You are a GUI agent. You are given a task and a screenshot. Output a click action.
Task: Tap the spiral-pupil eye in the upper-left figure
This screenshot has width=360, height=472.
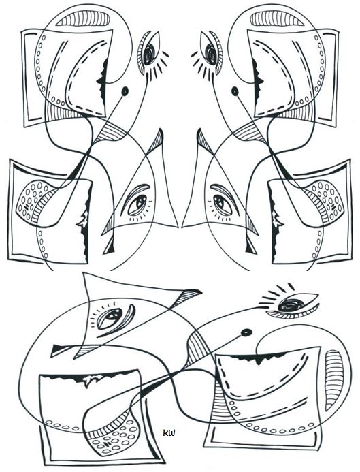click(x=150, y=52)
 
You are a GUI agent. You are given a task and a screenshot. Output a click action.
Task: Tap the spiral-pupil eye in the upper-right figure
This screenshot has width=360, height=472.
click(x=211, y=52)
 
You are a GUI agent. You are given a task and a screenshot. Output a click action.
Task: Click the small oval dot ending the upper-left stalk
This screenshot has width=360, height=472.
click(x=125, y=91)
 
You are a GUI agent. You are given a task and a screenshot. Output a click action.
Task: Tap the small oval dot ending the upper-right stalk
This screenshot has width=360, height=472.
click(x=235, y=91)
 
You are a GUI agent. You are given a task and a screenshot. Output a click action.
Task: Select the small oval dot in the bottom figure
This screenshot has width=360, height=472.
click(x=246, y=332)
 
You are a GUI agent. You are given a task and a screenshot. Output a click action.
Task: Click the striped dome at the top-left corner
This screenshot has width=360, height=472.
click(x=83, y=19)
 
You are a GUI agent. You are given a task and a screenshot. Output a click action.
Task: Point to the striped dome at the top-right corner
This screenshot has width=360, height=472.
click(x=277, y=19)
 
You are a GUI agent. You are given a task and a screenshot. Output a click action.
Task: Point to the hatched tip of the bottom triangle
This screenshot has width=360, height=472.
click(x=188, y=294)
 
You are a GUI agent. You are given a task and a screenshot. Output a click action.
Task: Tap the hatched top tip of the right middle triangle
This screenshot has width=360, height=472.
click(x=203, y=141)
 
